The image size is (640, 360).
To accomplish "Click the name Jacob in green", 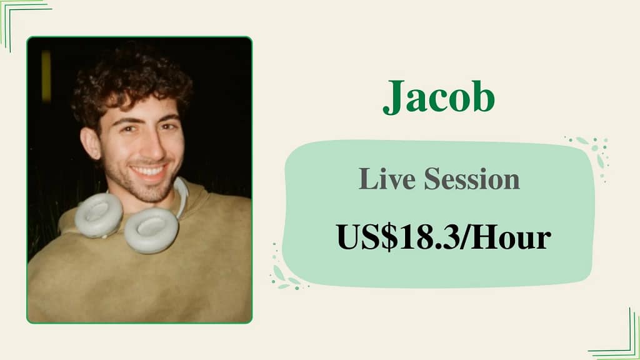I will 438,97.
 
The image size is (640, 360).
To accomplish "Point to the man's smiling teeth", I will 148,170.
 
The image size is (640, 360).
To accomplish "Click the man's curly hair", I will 128,84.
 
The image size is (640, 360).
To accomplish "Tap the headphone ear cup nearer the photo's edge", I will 98,214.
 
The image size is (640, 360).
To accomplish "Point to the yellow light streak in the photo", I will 46,76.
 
